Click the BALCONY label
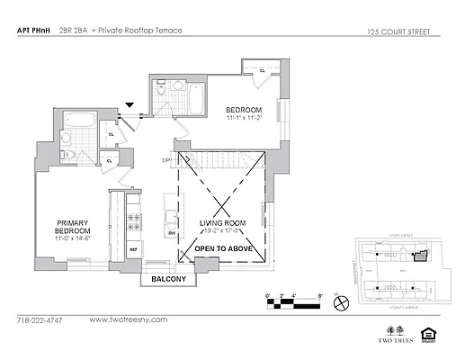168,279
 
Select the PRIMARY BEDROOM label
74,228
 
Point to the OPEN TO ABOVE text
223,248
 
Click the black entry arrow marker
131,106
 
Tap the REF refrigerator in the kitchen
132,249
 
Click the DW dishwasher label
170,231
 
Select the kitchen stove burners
133,218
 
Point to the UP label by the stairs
165,161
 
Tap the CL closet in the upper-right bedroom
262,69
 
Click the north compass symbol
341,304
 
